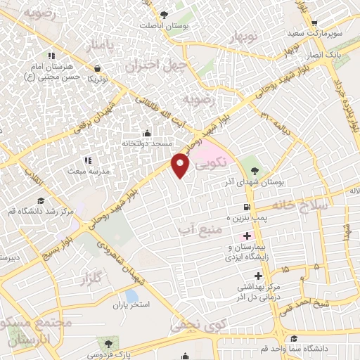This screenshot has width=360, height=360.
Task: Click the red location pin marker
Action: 181,165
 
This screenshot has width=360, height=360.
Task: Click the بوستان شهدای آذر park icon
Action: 255,169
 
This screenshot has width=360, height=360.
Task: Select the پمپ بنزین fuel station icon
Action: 246,207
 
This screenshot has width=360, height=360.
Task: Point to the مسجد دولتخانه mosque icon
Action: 147,133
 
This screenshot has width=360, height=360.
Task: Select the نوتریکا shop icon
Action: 96,68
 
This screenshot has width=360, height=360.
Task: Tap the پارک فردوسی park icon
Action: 108,342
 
